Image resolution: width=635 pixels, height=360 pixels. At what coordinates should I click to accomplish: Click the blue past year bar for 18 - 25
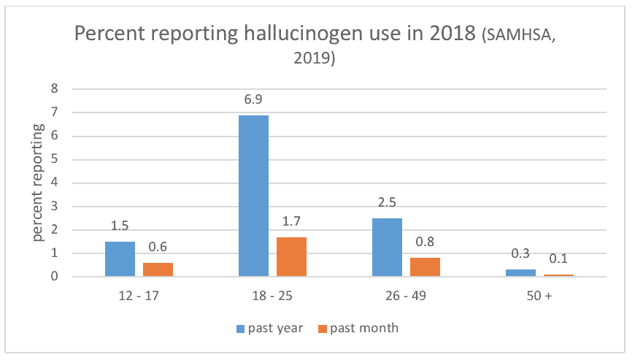253,196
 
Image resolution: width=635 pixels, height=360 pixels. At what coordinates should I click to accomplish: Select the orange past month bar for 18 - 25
291,257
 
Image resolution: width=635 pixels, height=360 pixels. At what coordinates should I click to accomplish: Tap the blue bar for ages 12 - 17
120,259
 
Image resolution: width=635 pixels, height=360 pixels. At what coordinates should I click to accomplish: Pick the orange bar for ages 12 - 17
158,269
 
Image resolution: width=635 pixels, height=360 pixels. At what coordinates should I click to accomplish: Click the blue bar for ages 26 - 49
387,248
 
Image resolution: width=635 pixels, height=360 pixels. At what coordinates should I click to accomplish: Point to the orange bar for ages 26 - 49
426,267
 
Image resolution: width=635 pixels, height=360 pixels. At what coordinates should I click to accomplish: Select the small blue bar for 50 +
521,273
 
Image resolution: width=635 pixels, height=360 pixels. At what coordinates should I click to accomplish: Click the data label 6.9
253,99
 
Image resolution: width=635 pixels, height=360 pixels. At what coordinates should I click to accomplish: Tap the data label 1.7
291,221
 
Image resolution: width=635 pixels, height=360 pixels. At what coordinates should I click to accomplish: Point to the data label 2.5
387,202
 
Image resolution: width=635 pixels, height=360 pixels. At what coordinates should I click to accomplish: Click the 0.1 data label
558,258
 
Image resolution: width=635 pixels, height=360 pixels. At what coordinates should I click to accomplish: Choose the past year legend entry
270,328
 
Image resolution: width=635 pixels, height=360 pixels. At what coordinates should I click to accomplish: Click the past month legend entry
358,328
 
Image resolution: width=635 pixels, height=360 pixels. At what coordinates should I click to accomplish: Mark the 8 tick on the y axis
55,88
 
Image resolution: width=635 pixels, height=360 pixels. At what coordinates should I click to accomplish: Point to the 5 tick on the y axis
55,158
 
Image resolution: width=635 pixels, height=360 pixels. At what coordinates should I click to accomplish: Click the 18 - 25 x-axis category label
272,296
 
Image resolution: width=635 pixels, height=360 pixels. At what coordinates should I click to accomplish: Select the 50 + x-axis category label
539,296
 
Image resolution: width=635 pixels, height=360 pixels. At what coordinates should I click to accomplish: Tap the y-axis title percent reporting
38,183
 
